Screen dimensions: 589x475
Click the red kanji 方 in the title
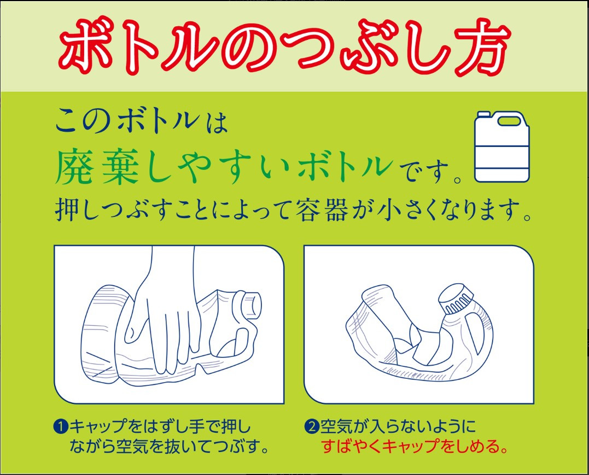coord(482,48)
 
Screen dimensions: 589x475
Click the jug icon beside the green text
coord(502,146)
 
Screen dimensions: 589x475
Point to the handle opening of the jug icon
coord(509,121)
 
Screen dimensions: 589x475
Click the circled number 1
coord(61,426)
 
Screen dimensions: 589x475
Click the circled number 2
coord(311,426)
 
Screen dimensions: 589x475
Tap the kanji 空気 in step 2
coord(335,426)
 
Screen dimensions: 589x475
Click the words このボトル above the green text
coord(128,121)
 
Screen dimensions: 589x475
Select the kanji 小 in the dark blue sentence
coord(390,210)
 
